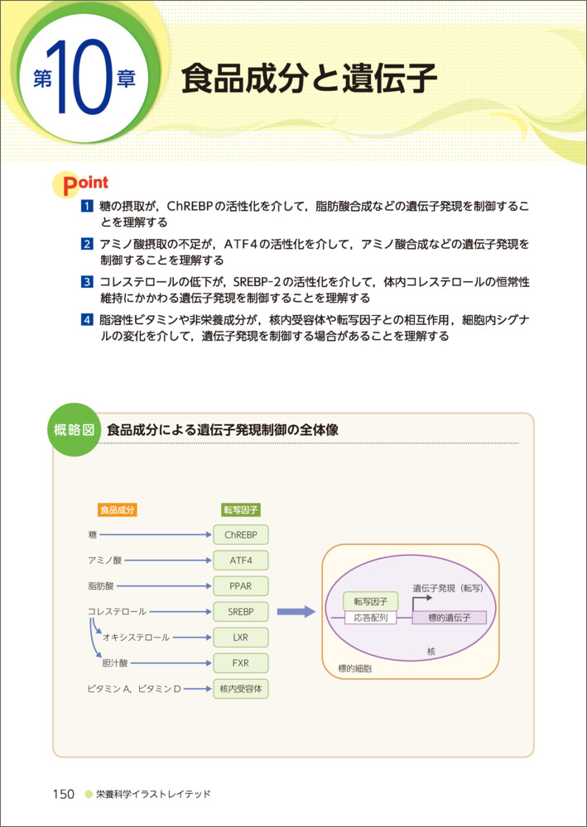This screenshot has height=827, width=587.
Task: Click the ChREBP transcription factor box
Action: click(241, 534)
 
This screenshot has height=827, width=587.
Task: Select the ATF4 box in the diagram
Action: click(241, 560)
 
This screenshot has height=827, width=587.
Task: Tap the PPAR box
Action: click(241, 586)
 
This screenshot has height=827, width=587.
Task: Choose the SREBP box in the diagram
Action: click(241, 611)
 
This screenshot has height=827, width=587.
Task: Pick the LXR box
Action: click(241, 638)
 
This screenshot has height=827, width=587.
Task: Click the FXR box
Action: click(241, 663)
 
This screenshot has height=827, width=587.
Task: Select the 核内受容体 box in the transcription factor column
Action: click(241, 688)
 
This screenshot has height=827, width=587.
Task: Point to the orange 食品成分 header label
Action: click(117, 509)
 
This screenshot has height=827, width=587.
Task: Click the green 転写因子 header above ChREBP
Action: click(241, 509)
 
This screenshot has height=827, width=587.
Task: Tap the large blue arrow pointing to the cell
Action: click(296, 612)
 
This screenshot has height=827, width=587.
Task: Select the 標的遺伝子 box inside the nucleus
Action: click(449, 618)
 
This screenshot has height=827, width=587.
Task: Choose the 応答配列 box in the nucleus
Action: click(370, 618)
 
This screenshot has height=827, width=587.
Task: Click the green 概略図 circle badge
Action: click(74, 430)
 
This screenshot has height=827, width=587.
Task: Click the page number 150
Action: click(64, 794)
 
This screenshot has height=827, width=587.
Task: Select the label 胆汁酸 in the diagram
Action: click(115, 663)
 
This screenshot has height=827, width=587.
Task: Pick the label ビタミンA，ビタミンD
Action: click(134, 688)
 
